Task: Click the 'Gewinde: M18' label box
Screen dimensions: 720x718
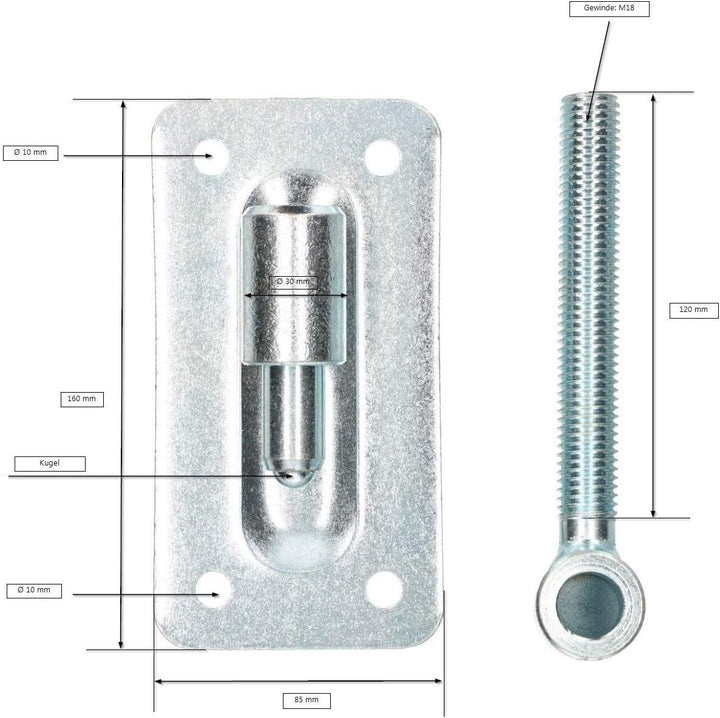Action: click(x=609, y=9)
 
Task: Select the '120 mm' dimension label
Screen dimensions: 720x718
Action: click(x=693, y=310)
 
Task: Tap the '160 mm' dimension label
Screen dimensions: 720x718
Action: click(x=82, y=399)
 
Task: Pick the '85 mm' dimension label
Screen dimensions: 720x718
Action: click(x=306, y=701)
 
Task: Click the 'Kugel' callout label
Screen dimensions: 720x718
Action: click(x=50, y=464)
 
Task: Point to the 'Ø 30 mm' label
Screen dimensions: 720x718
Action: click(x=293, y=281)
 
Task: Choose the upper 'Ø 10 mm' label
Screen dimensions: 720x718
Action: click(x=30, y=153)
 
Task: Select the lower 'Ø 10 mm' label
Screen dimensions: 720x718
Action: click(x=34, y=591)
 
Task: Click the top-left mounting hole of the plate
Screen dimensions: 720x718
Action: click(x=211, y=157)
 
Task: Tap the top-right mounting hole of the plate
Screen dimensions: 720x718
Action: click(x=383, y=157)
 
